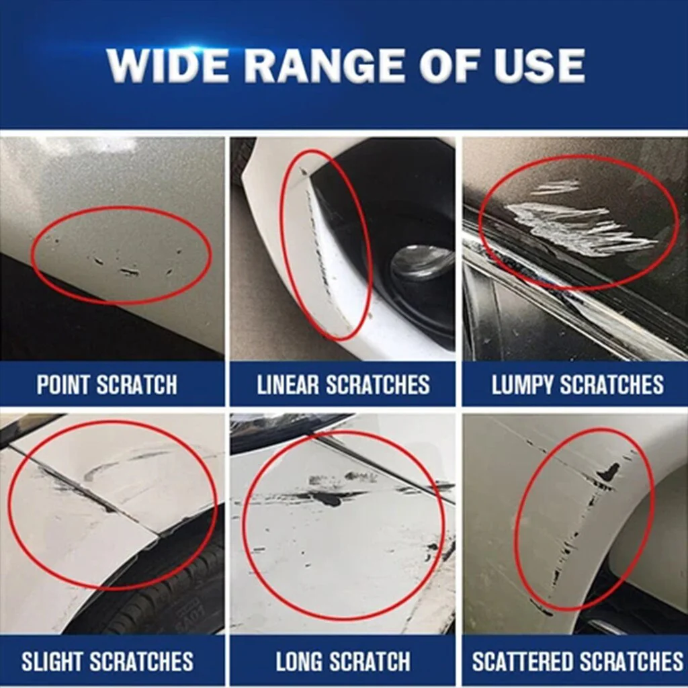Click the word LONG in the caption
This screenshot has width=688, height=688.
[x=299, y=661]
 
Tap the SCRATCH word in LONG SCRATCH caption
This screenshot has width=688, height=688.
[x=368, y=661]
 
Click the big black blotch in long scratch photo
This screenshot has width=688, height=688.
[x=328, y=499]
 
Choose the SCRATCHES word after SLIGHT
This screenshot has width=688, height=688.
[x=145, y=661]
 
